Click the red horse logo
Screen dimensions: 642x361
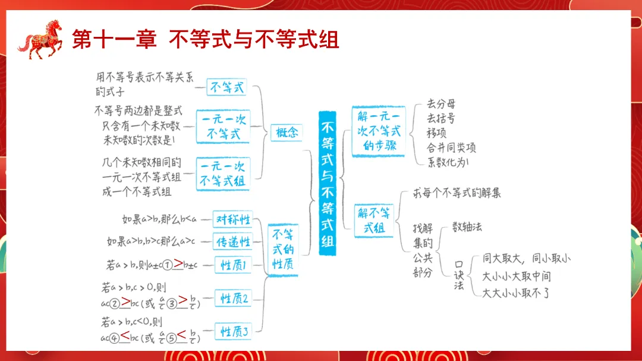[x=40, y=39]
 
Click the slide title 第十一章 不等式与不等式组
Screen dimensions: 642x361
[x=205, y=39]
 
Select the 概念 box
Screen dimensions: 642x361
[x=287, y=133]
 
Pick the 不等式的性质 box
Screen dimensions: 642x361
[x=283, y=249]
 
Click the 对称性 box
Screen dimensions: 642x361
[x=232, y=219]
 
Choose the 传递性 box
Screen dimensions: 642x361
[x=232, y=241]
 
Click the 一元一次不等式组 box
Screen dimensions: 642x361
[x=223, y=173]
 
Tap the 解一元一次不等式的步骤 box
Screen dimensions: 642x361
[x=379, y=131]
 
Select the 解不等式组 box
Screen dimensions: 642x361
[x=374, y=220]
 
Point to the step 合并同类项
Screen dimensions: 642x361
[x=451, y=147]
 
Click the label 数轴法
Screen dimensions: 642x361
[x=467, y=227]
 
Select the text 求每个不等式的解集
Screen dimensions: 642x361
[x=457, y=194]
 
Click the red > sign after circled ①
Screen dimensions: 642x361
[x=178, y=263]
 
